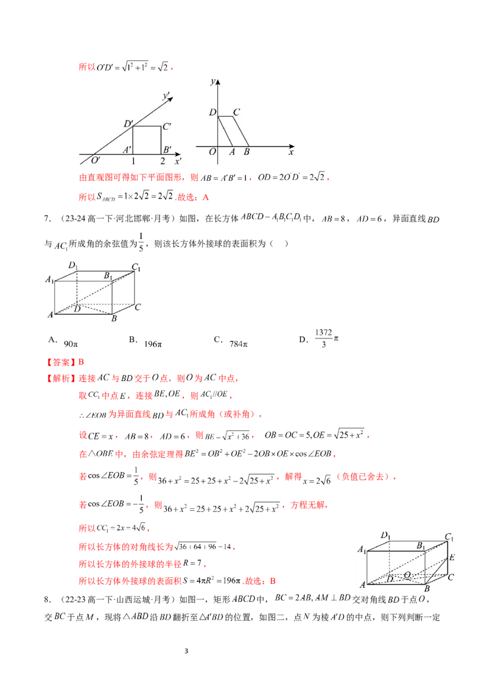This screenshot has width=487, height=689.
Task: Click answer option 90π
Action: (71, 344)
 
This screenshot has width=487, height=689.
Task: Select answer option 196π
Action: (153, 344)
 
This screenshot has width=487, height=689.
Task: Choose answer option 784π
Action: (238, 344)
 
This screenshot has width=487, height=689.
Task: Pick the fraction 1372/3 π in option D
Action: (326, 338)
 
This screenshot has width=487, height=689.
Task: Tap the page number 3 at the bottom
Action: (186, 651)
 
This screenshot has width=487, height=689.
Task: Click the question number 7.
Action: (47, 218)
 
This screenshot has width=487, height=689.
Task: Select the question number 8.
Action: (47, 599)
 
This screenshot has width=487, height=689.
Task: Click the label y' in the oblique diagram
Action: (167, 96)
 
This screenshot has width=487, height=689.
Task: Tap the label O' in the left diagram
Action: (96, 160)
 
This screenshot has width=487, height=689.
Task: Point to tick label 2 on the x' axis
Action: (163, 161)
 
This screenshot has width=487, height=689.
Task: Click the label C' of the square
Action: (167, 127)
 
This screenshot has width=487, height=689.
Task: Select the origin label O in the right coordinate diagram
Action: (212, 152)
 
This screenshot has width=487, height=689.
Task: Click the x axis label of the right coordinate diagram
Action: (291, 152)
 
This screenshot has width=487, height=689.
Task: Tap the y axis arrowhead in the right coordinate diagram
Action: (217, 82)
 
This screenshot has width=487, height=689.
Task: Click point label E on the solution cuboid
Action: (452, 557)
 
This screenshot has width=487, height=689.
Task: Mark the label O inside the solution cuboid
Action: (407, 575)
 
